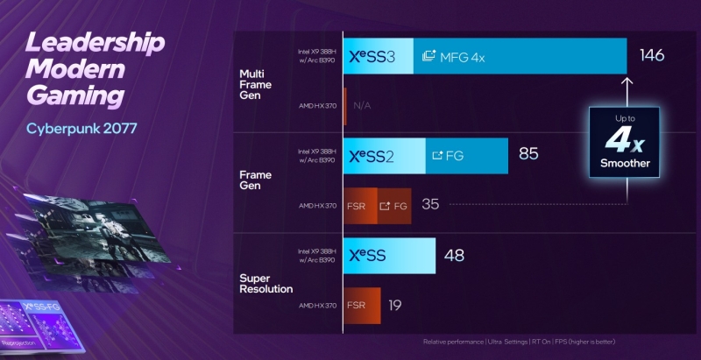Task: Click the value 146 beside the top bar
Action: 652,56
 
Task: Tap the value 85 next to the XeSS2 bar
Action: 528,154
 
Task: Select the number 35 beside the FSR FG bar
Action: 430,205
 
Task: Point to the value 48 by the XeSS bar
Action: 454,256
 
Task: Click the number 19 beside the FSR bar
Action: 395,306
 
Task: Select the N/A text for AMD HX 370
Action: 363,106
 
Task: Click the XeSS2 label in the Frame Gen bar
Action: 374,155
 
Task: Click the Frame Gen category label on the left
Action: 255,180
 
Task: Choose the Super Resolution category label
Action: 266,284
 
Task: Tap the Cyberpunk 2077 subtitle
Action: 81,130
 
